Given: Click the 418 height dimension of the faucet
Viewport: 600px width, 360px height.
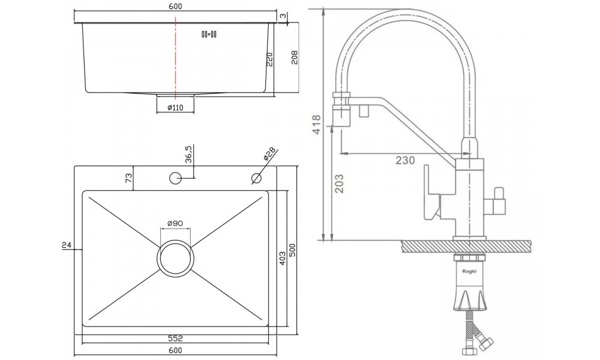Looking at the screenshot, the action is [316, 125].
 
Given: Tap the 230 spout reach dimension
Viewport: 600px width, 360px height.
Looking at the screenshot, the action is [405, 160].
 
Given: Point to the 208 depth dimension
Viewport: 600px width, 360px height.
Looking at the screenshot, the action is [294, 58].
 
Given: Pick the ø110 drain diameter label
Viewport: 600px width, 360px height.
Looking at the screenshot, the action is [175, 107].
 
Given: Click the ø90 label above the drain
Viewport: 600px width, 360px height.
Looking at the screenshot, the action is [175, 223].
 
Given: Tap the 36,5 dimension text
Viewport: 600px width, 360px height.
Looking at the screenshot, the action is [188, 154].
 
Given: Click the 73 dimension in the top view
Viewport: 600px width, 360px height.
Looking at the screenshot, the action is [128, 178].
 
